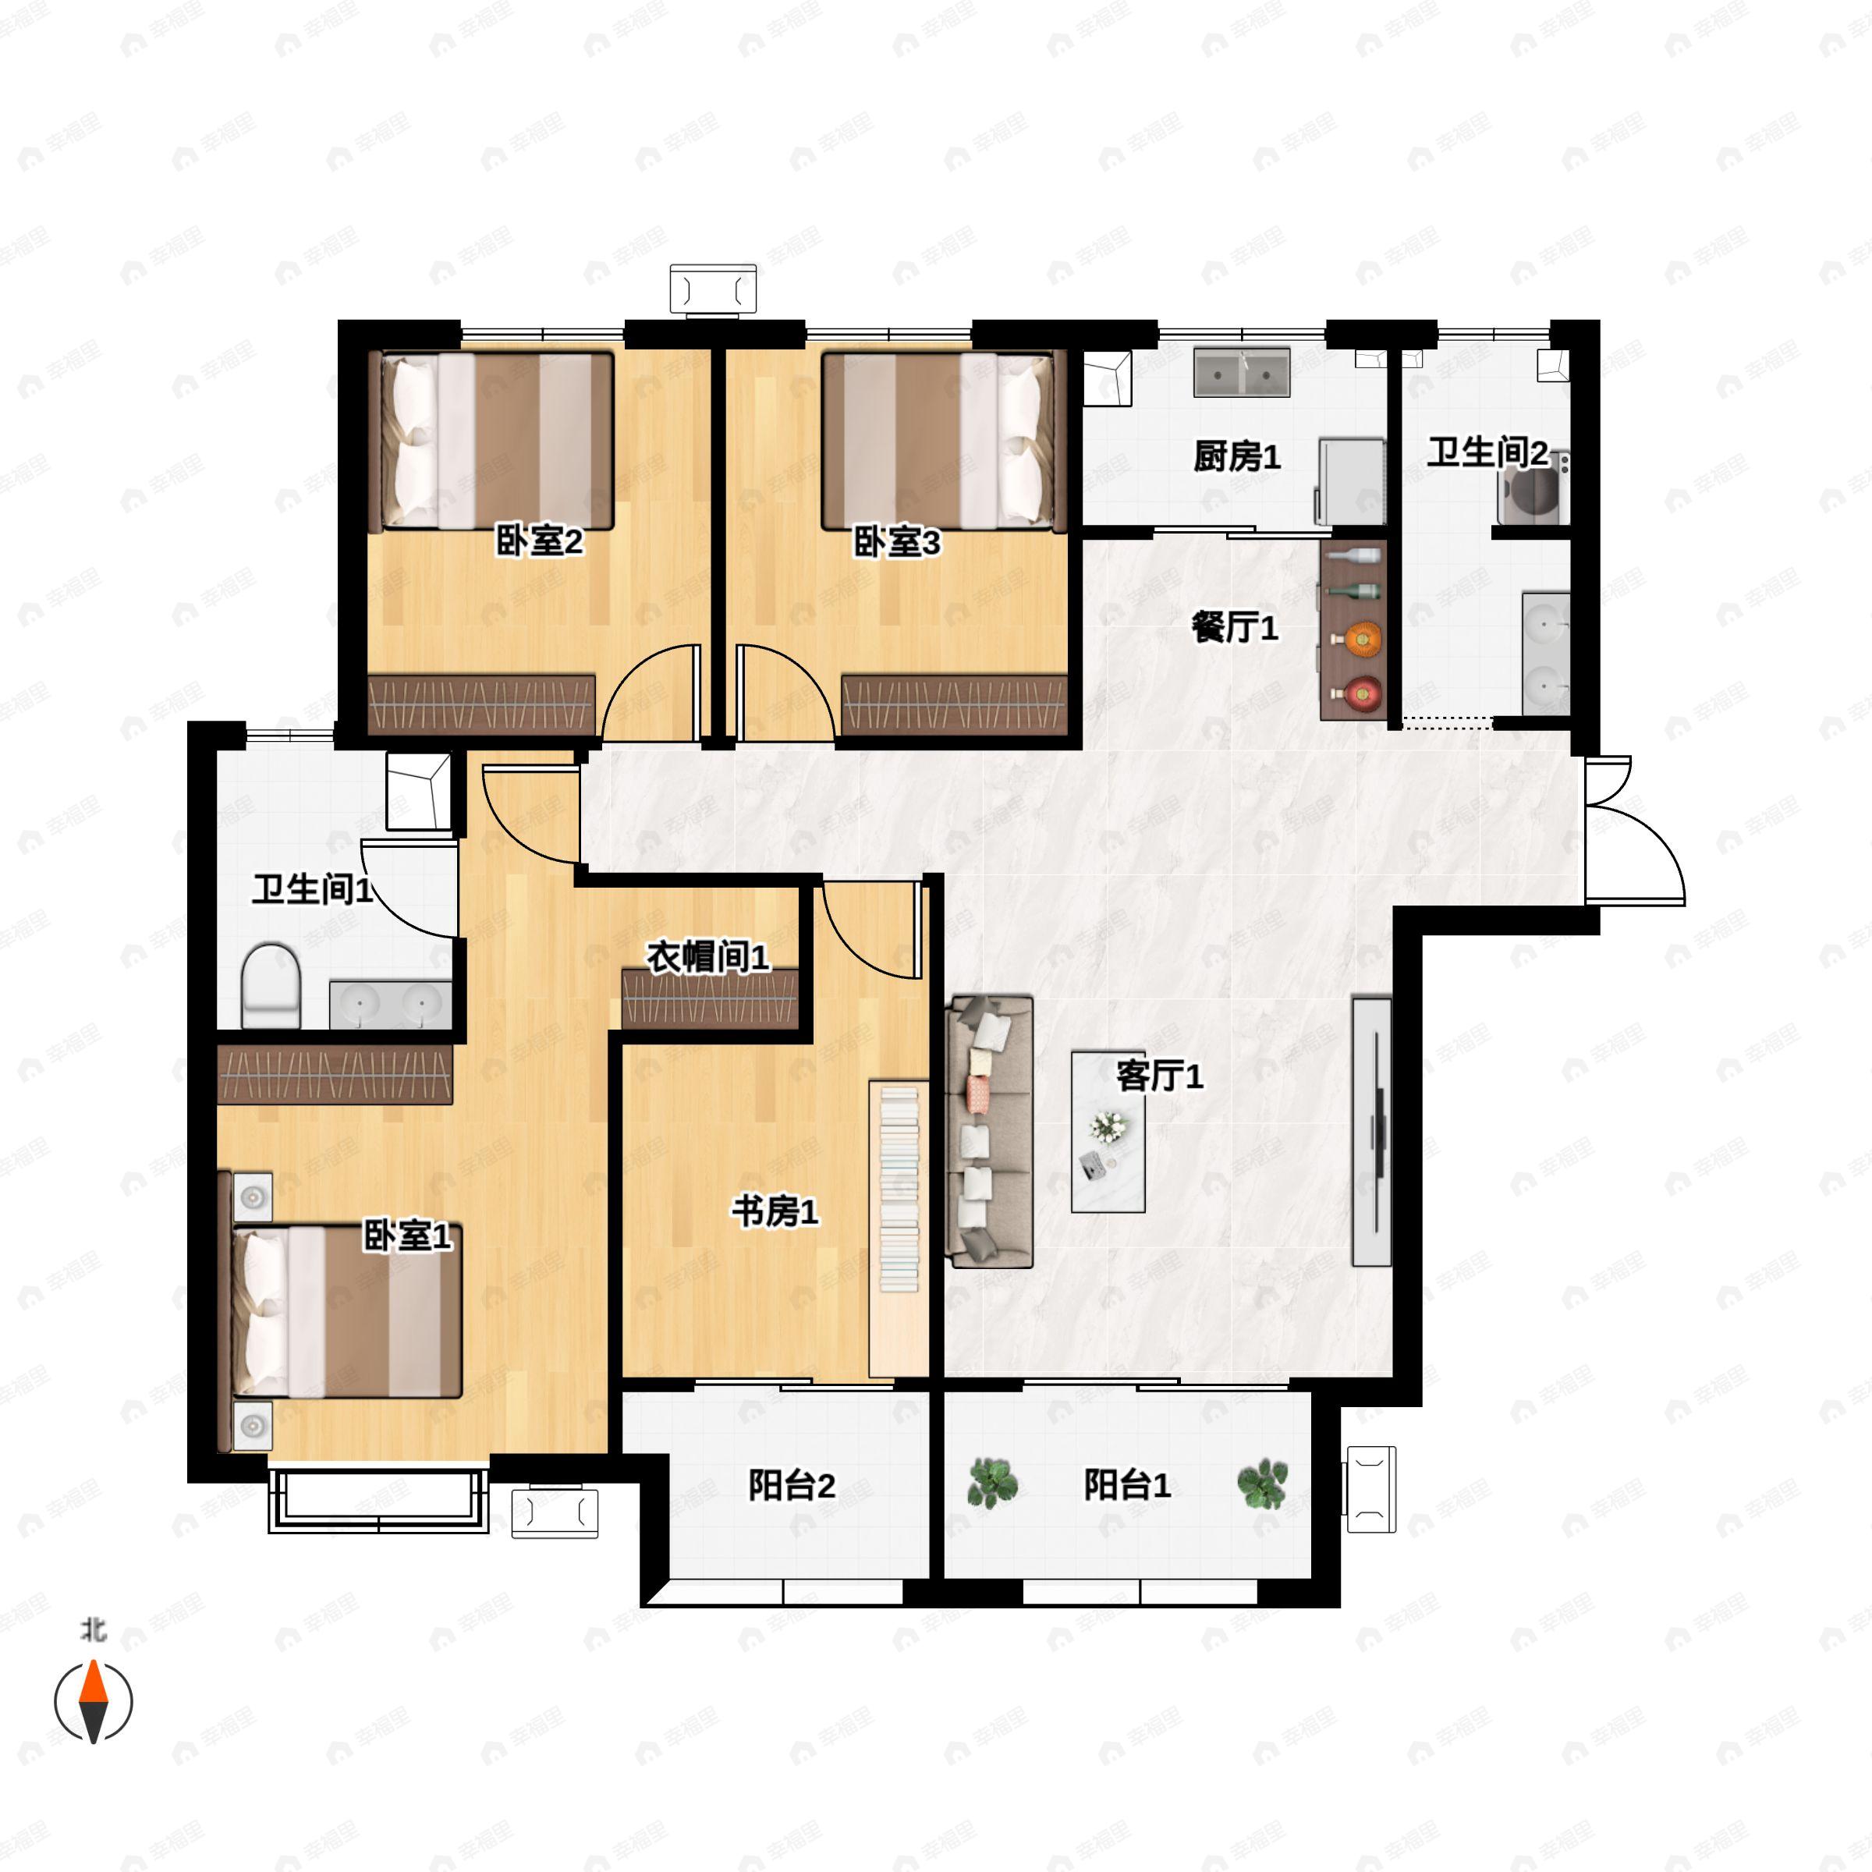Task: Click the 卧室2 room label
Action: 539,541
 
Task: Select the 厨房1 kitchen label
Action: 1236,456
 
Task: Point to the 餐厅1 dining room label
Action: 1235,628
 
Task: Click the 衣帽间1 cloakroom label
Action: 708,957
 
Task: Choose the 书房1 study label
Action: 775,1211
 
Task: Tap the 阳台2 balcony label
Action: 792,1485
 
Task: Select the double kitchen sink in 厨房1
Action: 1241,372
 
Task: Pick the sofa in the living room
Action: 991,1132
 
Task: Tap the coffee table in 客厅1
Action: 1108,1132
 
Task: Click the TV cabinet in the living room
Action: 1372,1132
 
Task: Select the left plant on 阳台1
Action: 993,1484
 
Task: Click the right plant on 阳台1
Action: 1263,1484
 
